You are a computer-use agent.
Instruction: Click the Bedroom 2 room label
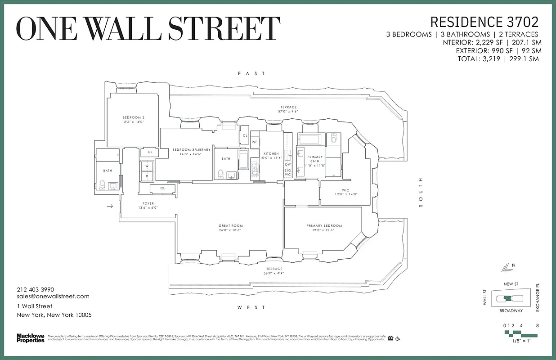pyautogui.click(x=133, y=117)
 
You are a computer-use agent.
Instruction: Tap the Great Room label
pyautogui.click(x=230, y=226)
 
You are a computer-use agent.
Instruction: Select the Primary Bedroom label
pyautogui.click(x=324, y=226)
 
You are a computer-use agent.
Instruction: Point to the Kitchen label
pyautogui.click(x=271, y=154)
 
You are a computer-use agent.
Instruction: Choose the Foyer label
pyautogui.click(x=148, y=203)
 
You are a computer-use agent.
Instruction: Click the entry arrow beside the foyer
pyautogui.click(x=110, y=207)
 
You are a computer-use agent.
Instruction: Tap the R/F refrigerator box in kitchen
pyautogui.click(x=255, y=142)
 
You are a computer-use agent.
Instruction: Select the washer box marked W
pyautogui.click(x=147, y=166)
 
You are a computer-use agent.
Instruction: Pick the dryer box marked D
pyautogui.click(x=147, y=176)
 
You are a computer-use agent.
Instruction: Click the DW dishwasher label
pyautogui.click(x=288, y=164)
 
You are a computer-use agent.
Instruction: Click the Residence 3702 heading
pyautogui.click(x=484, y=22)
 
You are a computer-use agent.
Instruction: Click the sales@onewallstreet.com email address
pyautogui.click(x=53, y=296)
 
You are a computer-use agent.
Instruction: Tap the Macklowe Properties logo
pyautogui.click(x=31, y=337)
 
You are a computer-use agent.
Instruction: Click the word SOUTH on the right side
pyautogui.click(x=421, y=197)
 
